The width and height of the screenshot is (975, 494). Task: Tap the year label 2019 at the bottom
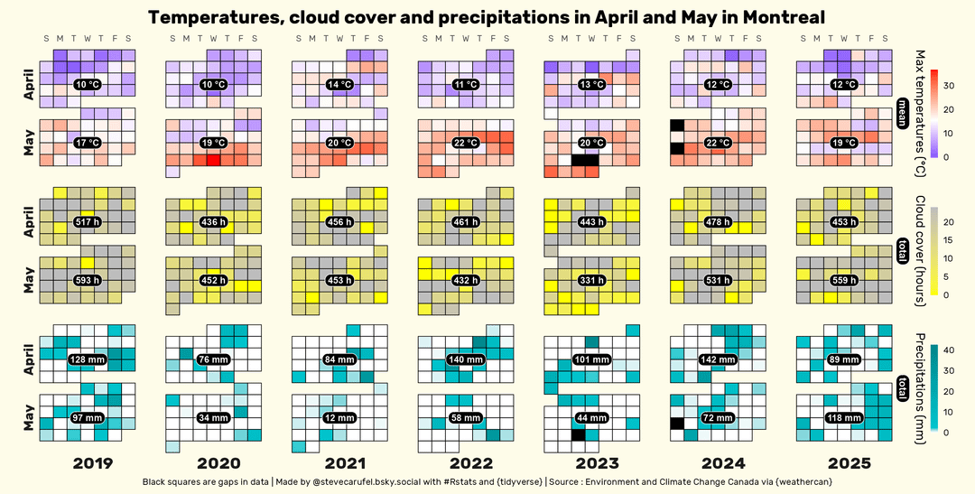[92, 464]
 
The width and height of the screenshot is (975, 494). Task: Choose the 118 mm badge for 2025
[843, 418]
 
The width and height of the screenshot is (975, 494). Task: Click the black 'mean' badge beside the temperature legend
[902, 115]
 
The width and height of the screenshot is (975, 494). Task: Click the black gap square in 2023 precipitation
[579, 435]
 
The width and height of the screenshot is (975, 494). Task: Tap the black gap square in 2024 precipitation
[676, 424]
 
